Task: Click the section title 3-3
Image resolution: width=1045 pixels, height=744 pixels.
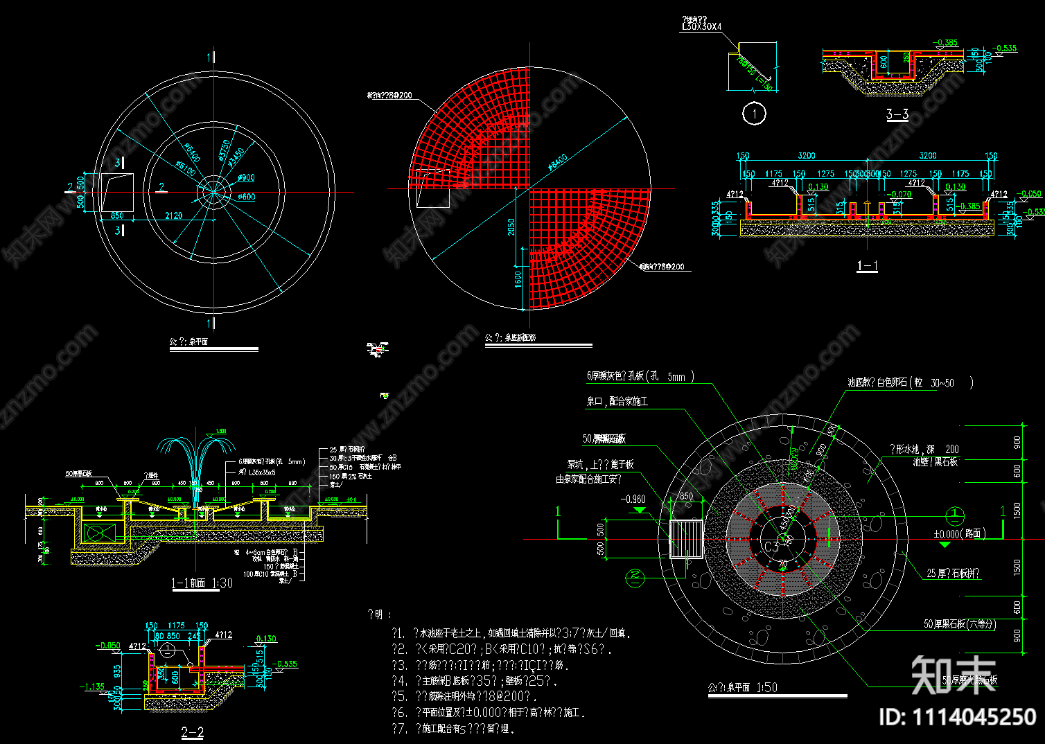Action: pyautogui.click(x=897, y=115)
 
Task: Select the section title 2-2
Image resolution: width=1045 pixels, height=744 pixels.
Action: pyautogui.click(x=193, y=732)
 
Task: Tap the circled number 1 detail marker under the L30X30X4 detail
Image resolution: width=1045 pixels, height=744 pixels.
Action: pyautogui.click(x=754, y=113)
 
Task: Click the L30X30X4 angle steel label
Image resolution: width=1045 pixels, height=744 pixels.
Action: pyautogui.click(x=701, y=27)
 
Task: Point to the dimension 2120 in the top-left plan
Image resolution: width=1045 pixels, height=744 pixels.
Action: pyautogui.click(x=173, y=215)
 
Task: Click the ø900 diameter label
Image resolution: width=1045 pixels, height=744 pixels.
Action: pyautogui.click(x=246, y=178)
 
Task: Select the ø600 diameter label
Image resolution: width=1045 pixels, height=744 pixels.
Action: pyautogui.click(x=246, y=197)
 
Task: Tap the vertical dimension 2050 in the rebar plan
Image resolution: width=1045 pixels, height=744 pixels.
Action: pyautogui.click(x=511, y=227)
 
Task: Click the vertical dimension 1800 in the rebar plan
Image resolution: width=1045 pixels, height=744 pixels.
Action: pyautogui.click(x=518, y=279)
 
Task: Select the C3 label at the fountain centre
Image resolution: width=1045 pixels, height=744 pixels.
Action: pyautogui.click(x=771, y=546)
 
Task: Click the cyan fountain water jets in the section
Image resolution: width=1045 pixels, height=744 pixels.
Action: pyautogui.click(x=196, y=461)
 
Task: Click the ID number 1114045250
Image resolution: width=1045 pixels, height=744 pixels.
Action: pyautogui.click(x=958, y=716)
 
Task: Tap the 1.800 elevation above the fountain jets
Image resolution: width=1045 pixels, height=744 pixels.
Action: pyautogui.click(x=220, y=432)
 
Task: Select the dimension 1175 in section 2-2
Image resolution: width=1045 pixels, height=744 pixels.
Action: pyautogui.click(x=176, y=626)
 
